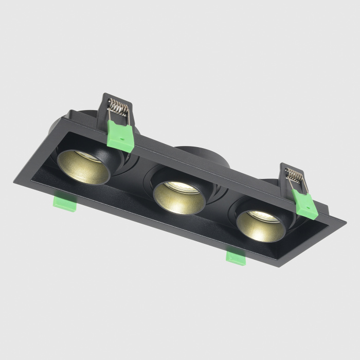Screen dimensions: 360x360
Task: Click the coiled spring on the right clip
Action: tap(294, 175)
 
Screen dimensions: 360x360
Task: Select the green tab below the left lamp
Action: tap(64, 202)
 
